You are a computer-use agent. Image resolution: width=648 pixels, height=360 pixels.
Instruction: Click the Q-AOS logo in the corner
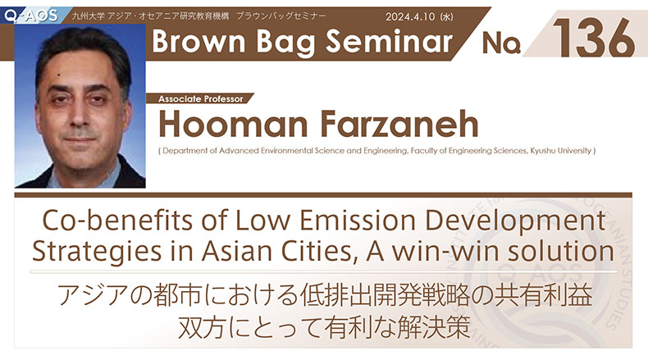30,16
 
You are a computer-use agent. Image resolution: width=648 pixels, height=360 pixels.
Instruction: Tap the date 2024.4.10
410,17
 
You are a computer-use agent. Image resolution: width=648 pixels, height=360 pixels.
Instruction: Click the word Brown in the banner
199,42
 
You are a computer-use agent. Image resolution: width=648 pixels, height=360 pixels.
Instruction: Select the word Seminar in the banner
389,42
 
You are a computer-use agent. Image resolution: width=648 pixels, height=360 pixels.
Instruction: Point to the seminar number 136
594,39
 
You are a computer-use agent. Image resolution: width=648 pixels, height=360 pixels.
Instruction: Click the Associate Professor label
200,98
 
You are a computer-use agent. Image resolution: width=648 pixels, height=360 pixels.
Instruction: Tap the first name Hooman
233,124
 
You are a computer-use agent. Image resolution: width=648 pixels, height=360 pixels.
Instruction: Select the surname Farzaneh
399,124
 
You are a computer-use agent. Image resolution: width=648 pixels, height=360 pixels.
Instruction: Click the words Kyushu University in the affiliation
561,151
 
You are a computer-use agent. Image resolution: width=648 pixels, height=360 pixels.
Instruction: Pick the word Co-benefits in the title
117,220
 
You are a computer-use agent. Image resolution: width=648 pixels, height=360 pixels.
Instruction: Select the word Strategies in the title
97,252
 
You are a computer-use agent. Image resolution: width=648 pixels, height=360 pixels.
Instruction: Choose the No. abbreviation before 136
501,43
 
